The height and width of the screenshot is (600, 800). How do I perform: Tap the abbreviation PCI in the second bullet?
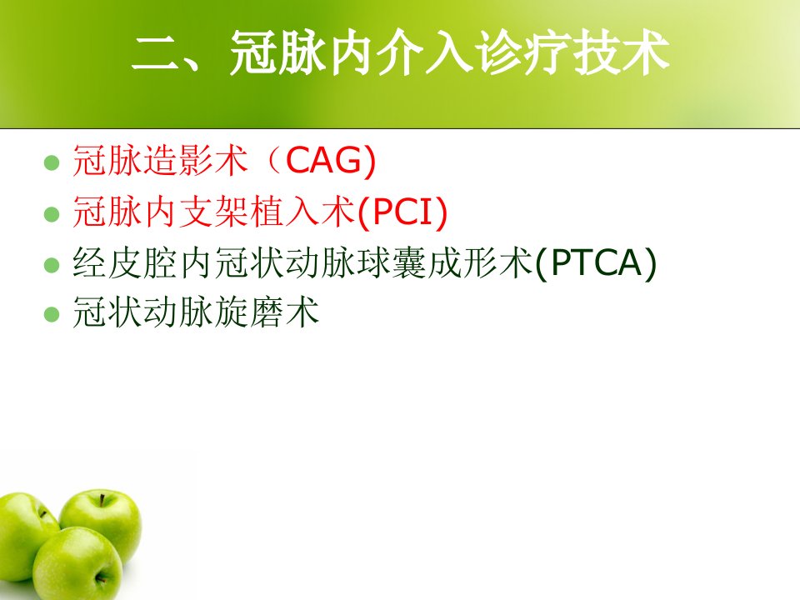pyautogui.click(x=402, y=211)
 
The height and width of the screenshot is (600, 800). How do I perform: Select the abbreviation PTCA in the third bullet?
pyautogui.click(x=596, y=262)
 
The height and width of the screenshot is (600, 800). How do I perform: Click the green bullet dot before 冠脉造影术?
pyautogui.click(x=52, y=162)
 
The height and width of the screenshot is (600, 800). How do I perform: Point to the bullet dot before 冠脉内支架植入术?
pyautogui.click(x=52, y=214)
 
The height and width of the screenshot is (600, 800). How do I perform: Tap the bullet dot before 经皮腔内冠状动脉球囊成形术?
pyautogui.click(x=52, y=265)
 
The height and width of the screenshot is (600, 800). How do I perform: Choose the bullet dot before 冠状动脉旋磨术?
pyautogui.click(x=52, y=314)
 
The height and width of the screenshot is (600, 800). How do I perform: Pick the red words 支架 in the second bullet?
pyautogui.click(x=214, y=211)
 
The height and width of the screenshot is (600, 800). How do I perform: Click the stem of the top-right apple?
pyautogui.click(x=102, y=500)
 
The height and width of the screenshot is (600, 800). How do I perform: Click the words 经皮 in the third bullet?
pyautogui.click(x=107, y=262)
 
